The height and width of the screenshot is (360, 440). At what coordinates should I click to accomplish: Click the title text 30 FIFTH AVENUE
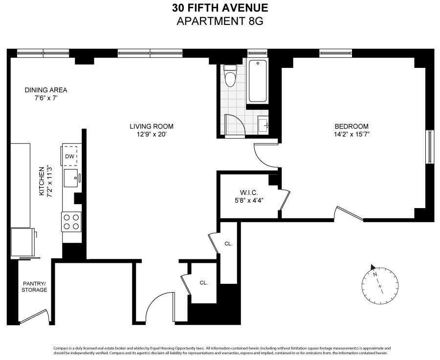(x=220, y=8)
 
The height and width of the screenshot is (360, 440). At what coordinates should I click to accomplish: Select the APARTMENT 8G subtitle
(x=220, y=21)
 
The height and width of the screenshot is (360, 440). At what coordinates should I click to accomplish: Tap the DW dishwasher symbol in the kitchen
(x=69, y=156)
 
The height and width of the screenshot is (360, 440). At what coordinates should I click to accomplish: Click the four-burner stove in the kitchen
(x=71, y=221)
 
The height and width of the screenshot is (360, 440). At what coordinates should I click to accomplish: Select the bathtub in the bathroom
(x=258, y=81)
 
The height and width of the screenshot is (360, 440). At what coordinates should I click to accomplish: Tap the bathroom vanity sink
(x=263, y=126)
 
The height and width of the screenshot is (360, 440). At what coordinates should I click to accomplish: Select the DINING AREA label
(x=45, y=90)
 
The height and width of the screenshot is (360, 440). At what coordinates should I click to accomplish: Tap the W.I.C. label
(x=249, y=193)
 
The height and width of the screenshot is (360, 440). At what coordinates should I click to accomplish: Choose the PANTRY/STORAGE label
(x=35, y=286)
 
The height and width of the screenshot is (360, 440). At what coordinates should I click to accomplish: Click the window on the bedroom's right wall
(x=429, y=147)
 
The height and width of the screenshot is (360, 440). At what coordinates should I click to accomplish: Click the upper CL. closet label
(x=228, y=243)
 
